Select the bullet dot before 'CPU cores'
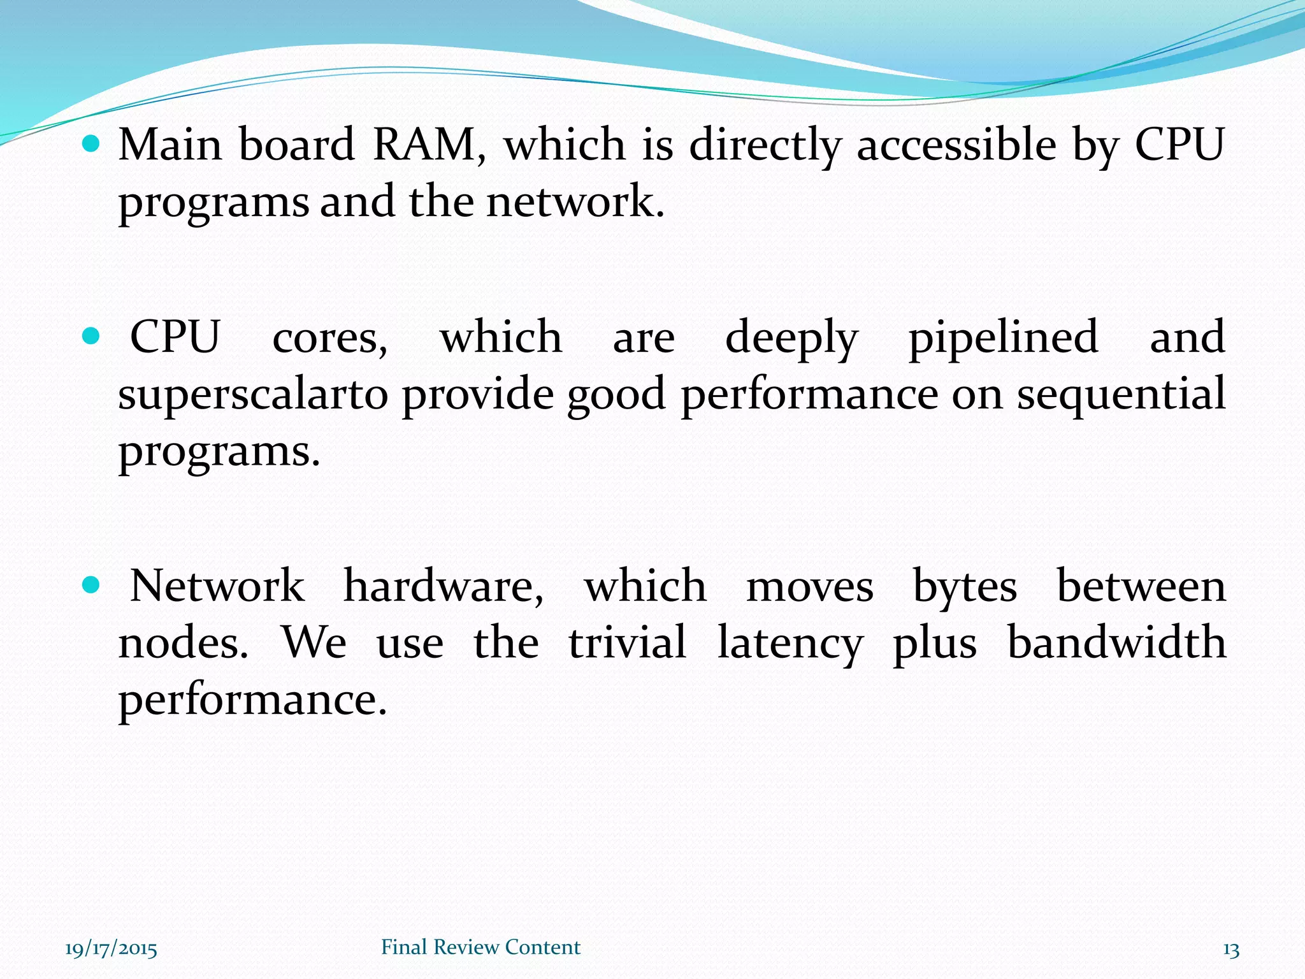click(x=92, y=336)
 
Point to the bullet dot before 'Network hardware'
click(x=92, y=584)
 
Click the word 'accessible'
click(x=956, y=145)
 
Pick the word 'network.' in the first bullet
click(x=575, y=202)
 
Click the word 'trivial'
click(x=628, y=642)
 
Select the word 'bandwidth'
click(x=1116, y=642)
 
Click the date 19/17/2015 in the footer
click(x=111, y=949)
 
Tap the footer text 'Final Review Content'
click(x=480, y=947)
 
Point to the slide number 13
click(x=1230, y=950)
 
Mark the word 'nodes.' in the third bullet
click(x=184, y=642)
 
